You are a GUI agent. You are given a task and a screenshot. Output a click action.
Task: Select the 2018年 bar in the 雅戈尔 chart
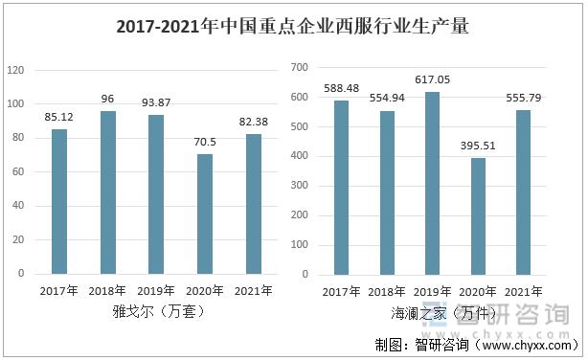[107, 192]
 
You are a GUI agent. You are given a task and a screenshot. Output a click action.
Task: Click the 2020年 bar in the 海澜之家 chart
[478, 215]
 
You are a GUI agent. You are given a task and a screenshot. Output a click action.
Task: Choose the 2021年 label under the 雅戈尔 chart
[253, 290]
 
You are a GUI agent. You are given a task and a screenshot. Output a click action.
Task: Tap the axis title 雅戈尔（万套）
[156, 311]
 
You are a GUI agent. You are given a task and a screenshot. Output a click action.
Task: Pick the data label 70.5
[205, 144]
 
